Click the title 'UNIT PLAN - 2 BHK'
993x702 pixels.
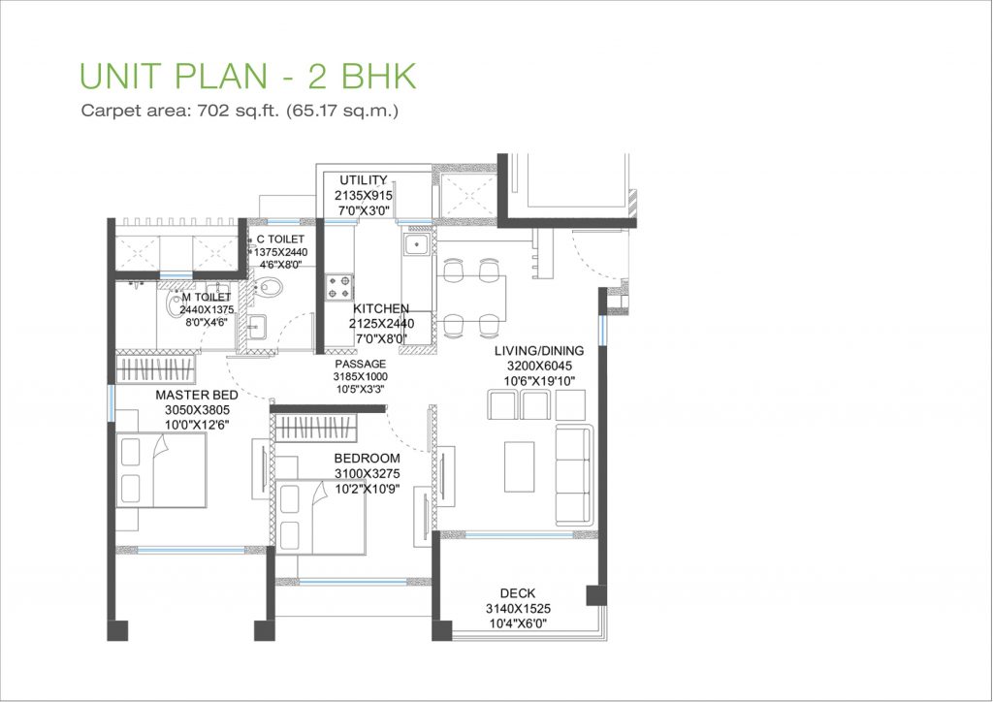pyautogui.click(x=247, y=76)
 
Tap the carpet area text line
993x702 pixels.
pyautogui.click(x=240, y=111)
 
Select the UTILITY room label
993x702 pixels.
pyautogui.click(x=364, y=180)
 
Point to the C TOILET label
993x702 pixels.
pyautogui.click(x=280, y=239)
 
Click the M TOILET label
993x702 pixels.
pyautogui.click(x=207, y=298)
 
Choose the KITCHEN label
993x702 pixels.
pyautogui.click(x=380, y=309)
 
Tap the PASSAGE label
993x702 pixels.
pyautogui.click(x=361, y=364)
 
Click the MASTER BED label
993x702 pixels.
pyautogui.click(x=197, y=395)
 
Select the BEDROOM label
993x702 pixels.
pyautogui.click(x=368, y=459)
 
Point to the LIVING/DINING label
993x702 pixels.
pyautogui.click(x=539, y=351)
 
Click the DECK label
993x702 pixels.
pyautogui.click(x=518, y=593)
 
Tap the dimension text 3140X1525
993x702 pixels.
pyautogui.click(x=518, y=609)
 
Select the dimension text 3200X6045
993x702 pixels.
pyautogui.click(x=539, y=366)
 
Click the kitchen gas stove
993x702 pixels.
pyautogui.click(x=339, y=287)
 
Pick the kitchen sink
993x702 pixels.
pyautogui.click(x=417, y=243)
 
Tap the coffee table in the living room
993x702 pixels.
pyautogui.click(x=520, y=466)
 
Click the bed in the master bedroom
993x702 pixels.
pyautogui.click(x=161, y=470)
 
